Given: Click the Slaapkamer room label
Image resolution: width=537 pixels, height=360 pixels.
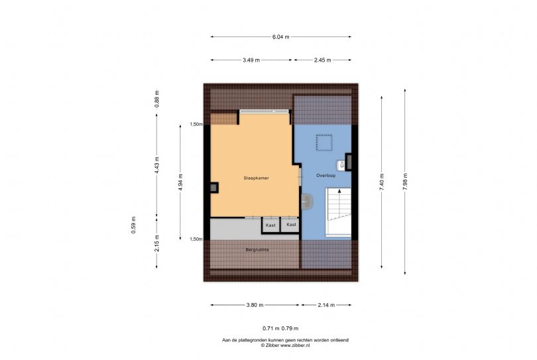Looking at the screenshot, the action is tap(256, 178).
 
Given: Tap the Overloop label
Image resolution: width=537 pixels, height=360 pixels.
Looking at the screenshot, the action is tap(326, 176).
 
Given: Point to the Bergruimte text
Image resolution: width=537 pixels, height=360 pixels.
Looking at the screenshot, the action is tap(257, 250).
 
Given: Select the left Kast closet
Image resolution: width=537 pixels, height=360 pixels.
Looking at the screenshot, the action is tap(270, 225).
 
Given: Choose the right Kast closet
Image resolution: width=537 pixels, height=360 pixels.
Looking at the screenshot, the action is tap(291, 225).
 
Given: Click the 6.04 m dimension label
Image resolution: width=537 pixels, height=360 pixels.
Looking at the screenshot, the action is tap(281, 37).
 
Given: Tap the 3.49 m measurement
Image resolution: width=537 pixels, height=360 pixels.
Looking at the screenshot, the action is tap(251, 60).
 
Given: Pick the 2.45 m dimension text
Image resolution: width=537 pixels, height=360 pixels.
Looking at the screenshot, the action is tap(323, 60).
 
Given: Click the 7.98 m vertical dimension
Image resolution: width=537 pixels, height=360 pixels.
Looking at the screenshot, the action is tap(405, 181).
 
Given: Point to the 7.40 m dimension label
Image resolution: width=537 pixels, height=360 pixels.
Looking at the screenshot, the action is tap(382, 182).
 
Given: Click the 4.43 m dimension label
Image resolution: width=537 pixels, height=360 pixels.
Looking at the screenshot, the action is tap(157, 165).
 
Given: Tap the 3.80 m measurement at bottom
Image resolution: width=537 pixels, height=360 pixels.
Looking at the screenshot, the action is tap(255, 305).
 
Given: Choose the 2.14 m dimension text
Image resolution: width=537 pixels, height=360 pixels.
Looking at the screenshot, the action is tap(326, 305).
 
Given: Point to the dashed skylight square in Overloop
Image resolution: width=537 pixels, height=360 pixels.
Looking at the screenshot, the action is tap(324, 143).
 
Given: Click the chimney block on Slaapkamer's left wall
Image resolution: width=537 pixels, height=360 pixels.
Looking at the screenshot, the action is tap(214, 188).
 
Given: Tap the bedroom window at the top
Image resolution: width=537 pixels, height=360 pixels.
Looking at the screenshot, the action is tap(264, 111).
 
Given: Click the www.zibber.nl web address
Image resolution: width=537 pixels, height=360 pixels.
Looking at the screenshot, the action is tap(295, 345).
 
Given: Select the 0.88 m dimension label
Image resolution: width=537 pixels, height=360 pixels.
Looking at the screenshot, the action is tap(157, 99).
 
